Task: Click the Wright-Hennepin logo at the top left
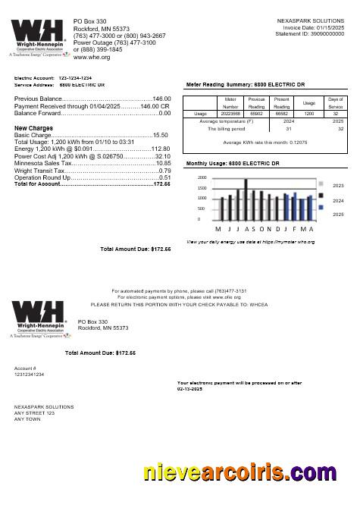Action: (36, 38)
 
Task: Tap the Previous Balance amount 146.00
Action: (161, 99)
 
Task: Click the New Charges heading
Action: (33, 128)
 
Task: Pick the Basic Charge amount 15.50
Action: (160, 135)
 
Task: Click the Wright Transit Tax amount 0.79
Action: (164, 171)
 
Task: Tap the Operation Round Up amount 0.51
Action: (164, 177)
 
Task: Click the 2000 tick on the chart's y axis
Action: (202, 177)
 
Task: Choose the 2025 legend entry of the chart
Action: (338, 215)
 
